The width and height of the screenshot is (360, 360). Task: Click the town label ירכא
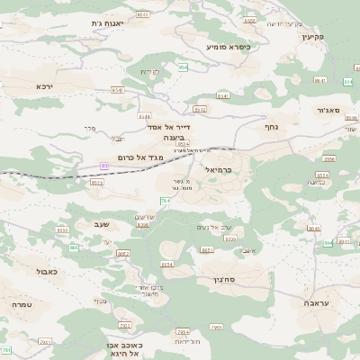pyautogui.click(x=45, y=86)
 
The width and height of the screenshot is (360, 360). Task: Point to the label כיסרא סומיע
pyautogui.click(x=227, y=46)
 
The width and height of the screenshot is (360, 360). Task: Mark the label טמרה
pyautogui.click(x=23, y=305)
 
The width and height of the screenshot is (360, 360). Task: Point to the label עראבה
pyautogui.click(x=318, y=303)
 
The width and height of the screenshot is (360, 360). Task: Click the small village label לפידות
pyautogui.click(x=149, y=71)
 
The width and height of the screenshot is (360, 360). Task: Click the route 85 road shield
pyautogui.click(x=104, y=166)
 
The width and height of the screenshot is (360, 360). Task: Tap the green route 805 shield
pyautogui.click(x=74, y=247)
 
